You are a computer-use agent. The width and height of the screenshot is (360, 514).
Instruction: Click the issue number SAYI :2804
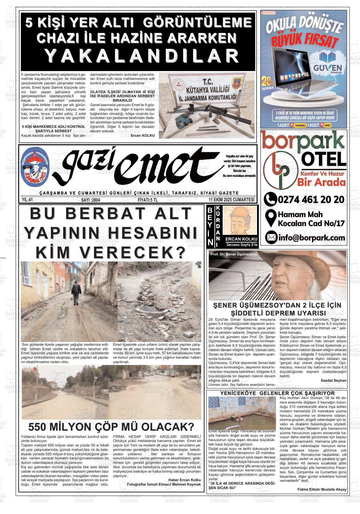(x=91, y=200)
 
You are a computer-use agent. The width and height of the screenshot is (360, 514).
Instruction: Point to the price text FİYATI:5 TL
(x=148, y=200)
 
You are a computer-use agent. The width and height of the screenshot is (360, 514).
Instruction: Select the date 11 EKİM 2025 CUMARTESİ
(x=231, y=200)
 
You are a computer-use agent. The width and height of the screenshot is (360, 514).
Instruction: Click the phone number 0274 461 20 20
(x=311, y=200)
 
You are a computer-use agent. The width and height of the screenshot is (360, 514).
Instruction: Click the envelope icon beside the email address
(x=271, y=237)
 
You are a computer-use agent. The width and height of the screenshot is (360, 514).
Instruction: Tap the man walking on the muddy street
(x=76, y=292)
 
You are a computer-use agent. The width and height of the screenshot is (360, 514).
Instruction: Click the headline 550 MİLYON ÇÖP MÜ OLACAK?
(x=111, y=427)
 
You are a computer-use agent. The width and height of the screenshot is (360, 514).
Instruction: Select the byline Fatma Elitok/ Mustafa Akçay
(x=322, y=489)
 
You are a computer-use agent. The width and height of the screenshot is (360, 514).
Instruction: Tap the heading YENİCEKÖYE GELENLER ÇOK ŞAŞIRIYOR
(x=278, y=393)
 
